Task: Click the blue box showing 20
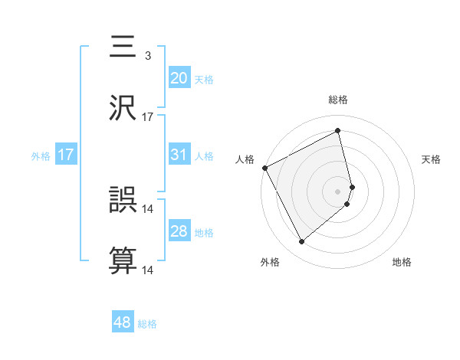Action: point(179,77)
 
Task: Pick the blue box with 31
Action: point(179,155)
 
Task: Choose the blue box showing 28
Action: point(179,231)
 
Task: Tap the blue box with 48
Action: point(123,322)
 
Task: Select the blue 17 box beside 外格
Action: point(66,155)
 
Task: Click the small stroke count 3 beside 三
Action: point(147,56)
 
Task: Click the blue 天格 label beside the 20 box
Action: point(203,79)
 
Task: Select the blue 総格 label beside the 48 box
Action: point(147,324)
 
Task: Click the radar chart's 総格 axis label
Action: point(338,100)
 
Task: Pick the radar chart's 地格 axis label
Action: point(402,263)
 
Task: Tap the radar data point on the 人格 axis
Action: point(264,167)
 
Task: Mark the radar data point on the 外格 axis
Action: point(301,242)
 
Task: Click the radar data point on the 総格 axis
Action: point(338,130)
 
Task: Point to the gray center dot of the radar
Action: point(338,191)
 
